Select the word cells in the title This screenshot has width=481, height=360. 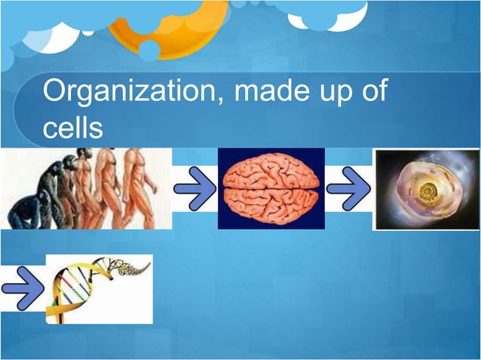(x=72, y=128)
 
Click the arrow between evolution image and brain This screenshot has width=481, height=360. (x=195, y=188)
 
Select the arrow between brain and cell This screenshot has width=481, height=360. (x=348, y=188)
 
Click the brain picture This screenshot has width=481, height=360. (x=271, y=188)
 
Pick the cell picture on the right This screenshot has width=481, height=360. (x=427, y=188)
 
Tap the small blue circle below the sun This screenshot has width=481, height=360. (x=149, y=50)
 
